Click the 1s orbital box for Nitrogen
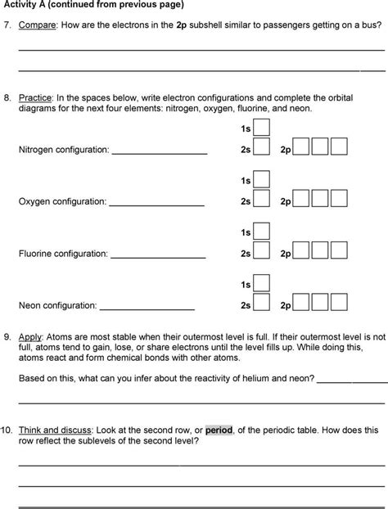261,128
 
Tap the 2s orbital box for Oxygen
261,200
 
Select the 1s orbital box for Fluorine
261,233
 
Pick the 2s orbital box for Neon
261,305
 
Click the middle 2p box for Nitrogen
320,149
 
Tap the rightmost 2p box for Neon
340,305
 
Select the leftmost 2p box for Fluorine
301,254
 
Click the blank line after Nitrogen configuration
160,152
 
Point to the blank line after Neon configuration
147,309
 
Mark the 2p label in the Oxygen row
285,201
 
